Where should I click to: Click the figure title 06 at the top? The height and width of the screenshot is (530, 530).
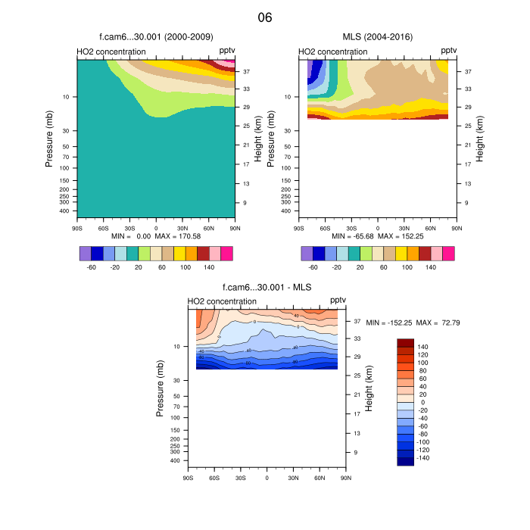[265, 17]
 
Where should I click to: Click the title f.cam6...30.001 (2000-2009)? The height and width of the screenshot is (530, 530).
[155, 36]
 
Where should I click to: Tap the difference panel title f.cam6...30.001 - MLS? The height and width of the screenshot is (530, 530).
[267, 287]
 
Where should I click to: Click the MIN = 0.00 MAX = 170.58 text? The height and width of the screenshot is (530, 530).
[156, 236]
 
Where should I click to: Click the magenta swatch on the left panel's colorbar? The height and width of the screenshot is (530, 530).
[227, 253]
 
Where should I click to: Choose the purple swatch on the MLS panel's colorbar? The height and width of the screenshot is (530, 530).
[307, 253]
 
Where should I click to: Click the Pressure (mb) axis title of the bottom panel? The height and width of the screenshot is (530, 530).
[161, 388]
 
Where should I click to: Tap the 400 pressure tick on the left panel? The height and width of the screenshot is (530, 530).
[64, 211]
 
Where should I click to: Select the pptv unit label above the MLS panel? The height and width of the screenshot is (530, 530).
[449, 50]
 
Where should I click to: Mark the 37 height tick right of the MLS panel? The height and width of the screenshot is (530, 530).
[468, 71]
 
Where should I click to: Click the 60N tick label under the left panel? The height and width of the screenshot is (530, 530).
[208, 227]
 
